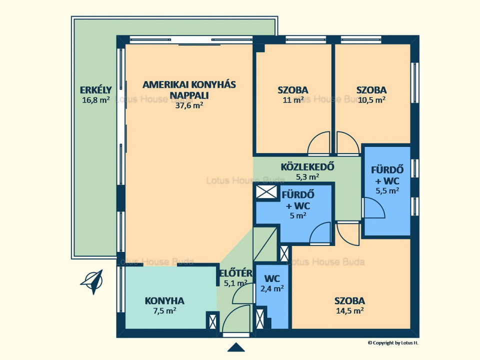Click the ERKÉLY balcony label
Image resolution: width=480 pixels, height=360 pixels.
click(x=96, y=90)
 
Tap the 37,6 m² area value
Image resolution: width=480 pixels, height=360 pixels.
click(x=189, y=105)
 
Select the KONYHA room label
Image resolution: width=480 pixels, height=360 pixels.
click(x=164, y=300)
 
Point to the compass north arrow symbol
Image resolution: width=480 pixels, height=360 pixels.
click(x=92, y=281)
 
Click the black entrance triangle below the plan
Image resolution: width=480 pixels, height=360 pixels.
click(x=236, y=347)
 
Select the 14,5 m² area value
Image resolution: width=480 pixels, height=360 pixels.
click(x=349, y=310)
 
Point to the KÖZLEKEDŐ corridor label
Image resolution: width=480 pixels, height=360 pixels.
click(x=307, y=167)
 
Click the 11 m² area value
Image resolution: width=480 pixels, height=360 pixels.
click(x=293, y=100)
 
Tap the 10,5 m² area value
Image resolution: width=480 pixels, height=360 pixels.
click(x=371, y=100)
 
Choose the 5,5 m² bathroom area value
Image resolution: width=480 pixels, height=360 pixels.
click(x=387, y=190)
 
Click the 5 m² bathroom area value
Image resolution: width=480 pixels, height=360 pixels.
click(x=298, y=215)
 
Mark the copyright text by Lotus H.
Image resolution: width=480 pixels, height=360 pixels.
click(x=393, y=343)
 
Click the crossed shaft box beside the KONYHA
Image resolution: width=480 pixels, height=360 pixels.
click(x=212, y=321)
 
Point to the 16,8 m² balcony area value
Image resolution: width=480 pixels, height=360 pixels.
click(x=96, y=100)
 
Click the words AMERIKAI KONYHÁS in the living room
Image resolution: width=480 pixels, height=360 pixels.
click(x=189, y=84)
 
